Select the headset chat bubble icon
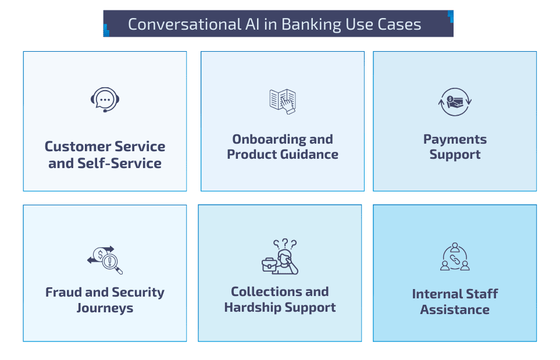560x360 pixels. click(105, 101)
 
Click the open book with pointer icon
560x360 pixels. click(283, 101)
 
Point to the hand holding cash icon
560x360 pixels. click(455, 101)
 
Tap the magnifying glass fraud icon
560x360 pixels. click(105, 260)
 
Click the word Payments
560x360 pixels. click(455, 139)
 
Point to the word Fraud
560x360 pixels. click(63, 292)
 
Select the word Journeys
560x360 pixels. click(105, 308)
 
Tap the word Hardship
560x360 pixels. click(252, 307)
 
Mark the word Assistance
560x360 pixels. click(455, 309)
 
